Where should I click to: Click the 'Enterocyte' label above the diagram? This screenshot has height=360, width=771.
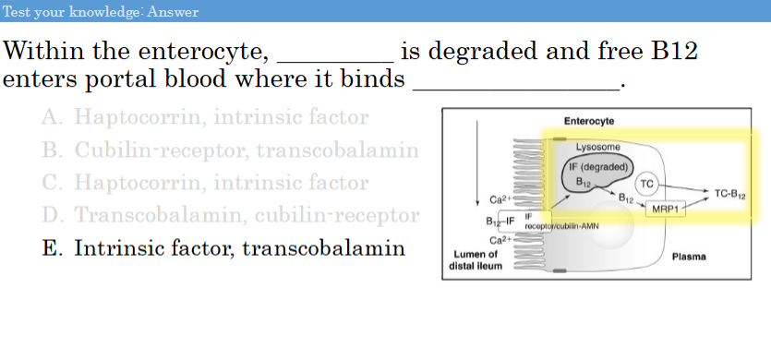pos(588,122)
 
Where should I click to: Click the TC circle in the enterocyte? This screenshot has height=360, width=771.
pos(646,184)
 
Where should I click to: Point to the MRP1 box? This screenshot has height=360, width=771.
pos(666,209)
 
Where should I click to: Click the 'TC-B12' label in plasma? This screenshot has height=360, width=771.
pos(730,194)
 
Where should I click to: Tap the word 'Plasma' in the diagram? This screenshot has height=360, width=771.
pos(690,255)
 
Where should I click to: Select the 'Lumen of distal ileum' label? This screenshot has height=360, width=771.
pos(475,259)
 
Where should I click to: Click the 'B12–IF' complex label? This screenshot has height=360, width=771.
pos(500,222)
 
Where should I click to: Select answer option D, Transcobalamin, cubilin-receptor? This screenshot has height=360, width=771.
pos(230,215)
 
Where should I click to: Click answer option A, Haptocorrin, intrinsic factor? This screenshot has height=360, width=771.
pos(205,117)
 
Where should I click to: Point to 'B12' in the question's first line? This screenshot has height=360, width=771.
pos(674,52)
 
